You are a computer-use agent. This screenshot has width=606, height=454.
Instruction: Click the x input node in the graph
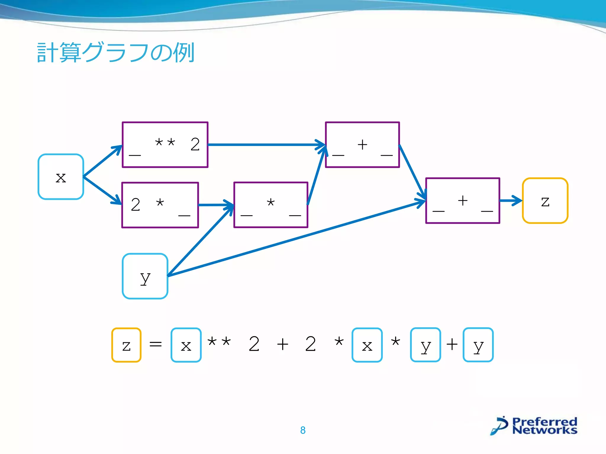61,177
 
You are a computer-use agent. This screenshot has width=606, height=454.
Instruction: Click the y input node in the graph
145,276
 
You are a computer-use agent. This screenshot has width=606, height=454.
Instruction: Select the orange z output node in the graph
545,201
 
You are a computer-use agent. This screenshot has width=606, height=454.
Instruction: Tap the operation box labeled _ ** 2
165,145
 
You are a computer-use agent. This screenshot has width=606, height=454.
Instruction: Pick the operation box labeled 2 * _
160,205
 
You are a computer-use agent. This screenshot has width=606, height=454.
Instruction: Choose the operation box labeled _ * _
271,205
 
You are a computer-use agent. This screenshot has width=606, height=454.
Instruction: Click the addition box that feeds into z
462,201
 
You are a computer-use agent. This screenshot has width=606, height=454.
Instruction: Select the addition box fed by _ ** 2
362,145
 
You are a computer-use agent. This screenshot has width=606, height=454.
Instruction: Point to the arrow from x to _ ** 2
102,161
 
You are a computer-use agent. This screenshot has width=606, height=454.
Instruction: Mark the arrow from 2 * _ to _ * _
216,205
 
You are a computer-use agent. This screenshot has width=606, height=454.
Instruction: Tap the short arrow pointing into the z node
511,201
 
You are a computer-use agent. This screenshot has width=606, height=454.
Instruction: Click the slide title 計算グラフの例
115,52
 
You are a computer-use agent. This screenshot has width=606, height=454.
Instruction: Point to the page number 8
303,430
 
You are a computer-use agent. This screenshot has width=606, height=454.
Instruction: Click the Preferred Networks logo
534,426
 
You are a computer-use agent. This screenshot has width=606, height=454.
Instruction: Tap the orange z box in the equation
126,345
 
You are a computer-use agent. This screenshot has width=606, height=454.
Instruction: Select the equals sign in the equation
156,344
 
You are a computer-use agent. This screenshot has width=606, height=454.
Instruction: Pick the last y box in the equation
478,345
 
